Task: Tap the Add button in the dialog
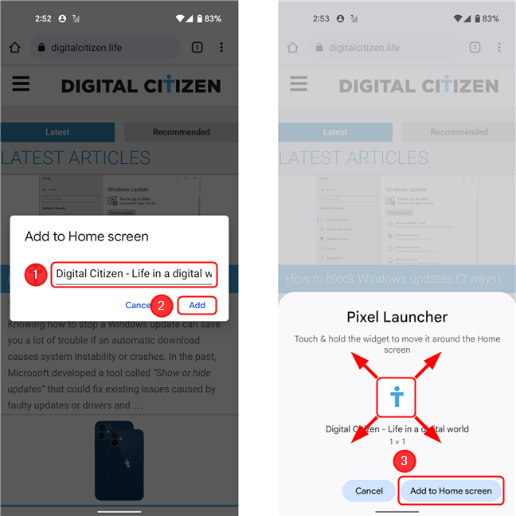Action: (x=197, y=305)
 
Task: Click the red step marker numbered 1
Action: (x=33, y=276)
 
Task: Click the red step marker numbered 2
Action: (x=161, y=305)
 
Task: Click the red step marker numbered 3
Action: (x=405, y=460)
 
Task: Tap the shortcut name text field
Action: (x=134, y=274)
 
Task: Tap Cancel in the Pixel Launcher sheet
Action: (x=369, y=491)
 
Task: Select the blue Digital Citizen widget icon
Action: (x=397, y=397)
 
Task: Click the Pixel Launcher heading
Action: (x=397, y=317)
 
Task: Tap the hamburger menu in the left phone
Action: (x=21, y=84)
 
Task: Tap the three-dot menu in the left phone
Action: (x=221, y=48)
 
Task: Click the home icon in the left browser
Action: (x=14, y=48)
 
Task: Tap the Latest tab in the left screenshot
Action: (x=57, y=132)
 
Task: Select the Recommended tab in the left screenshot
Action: (x=181, y=132)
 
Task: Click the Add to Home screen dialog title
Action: (x=87, y=236)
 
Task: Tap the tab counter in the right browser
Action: (x=475, y=48)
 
